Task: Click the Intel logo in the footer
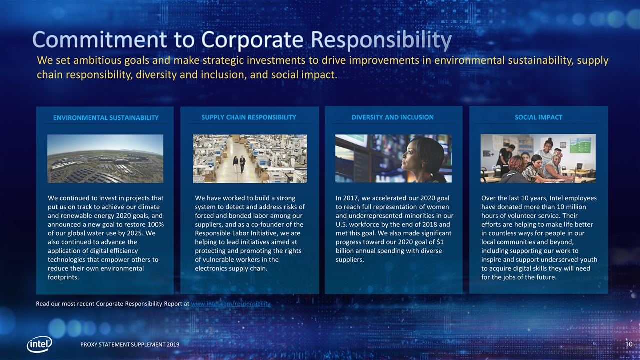coord(39,344)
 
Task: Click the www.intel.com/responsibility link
coord(231,304)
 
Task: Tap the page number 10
coord(629,344)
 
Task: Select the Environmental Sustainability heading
coord(106,118)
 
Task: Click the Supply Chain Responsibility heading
coord(249,117)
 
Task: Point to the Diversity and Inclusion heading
coord(393,117)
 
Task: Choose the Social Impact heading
coord(538,117)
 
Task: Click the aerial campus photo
coord(105,159)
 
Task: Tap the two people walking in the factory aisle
coord(239,164)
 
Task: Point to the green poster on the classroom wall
coord(580,145)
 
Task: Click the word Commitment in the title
coord(99,39)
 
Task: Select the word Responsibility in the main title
coord(381,40)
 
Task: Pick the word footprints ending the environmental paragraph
coord(63,277)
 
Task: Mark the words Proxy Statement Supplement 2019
coord(130,345)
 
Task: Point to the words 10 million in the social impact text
coord(568,207)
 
